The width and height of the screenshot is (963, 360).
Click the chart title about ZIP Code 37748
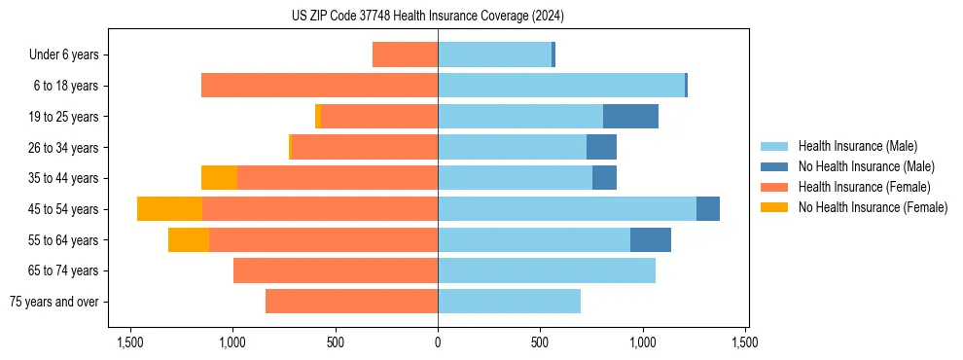(x=427, y=16)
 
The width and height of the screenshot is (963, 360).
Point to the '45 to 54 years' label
(x=63, y=209)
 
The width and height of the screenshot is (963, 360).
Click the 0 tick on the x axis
(x=438, y=342)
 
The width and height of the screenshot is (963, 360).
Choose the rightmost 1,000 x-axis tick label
(x=643, y=342)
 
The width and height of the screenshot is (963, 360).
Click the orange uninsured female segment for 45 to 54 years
(x=169, y=209)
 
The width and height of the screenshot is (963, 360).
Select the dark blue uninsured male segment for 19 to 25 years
(x=630, y=117)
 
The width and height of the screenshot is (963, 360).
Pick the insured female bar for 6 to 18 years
(x=319, y=86)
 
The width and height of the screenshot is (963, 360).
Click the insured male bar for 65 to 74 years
(x=546, y=270)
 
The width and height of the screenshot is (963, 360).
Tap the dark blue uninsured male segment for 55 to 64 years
(x=650, y=240)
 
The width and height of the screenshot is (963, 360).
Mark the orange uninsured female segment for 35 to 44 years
(x=219, y=178)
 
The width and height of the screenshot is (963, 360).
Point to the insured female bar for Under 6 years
(x=405, y=54)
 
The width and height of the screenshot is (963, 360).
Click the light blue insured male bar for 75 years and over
(x=509, y=302)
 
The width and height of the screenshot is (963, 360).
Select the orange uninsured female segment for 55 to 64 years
(x=188, y=240)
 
